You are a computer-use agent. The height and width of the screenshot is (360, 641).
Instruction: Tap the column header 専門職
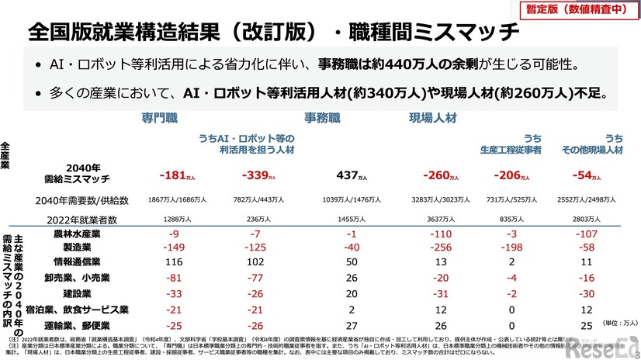(160, 118)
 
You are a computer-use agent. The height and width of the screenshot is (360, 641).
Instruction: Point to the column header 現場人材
(432, 118)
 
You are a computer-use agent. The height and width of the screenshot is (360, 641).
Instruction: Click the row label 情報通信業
(77, 263)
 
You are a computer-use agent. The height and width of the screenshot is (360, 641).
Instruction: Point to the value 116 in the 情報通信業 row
(175, 263)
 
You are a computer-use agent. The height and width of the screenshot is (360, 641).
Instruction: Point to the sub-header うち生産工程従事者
(521, 144)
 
